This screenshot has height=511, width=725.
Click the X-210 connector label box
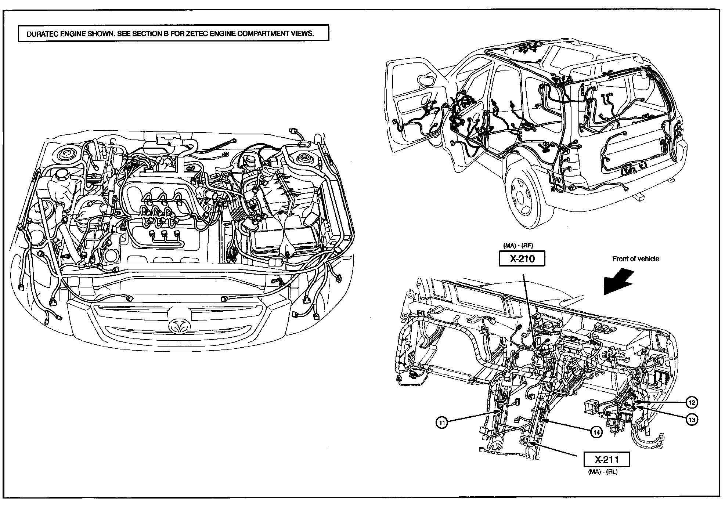[522, 258]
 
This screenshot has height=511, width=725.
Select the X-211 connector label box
[607, 459]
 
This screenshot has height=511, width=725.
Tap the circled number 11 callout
[442, 423]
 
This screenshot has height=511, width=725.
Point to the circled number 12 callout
[692, 403]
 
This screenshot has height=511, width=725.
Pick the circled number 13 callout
[692, 420]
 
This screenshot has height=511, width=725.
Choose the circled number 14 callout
[596, 432]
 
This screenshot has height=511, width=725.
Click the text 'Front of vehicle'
[635, 259]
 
